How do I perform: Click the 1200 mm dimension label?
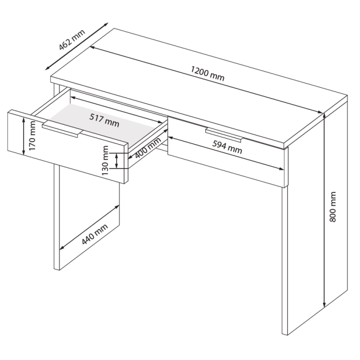207,73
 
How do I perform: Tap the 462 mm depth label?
72,40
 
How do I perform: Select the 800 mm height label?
333,207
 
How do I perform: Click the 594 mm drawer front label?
227,147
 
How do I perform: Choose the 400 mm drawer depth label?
148,148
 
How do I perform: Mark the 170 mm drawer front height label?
32,136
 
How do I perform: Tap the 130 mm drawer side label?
105,161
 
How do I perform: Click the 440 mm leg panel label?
95,234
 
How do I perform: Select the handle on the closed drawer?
224,135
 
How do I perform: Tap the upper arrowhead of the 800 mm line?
324,116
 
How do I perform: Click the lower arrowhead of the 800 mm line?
324,304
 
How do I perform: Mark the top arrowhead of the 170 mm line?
24,119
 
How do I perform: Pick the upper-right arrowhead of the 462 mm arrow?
106,24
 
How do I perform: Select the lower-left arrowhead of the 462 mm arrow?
48,67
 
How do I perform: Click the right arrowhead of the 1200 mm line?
320,112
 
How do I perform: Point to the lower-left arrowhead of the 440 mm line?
62,247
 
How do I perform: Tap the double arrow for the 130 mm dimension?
117,161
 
